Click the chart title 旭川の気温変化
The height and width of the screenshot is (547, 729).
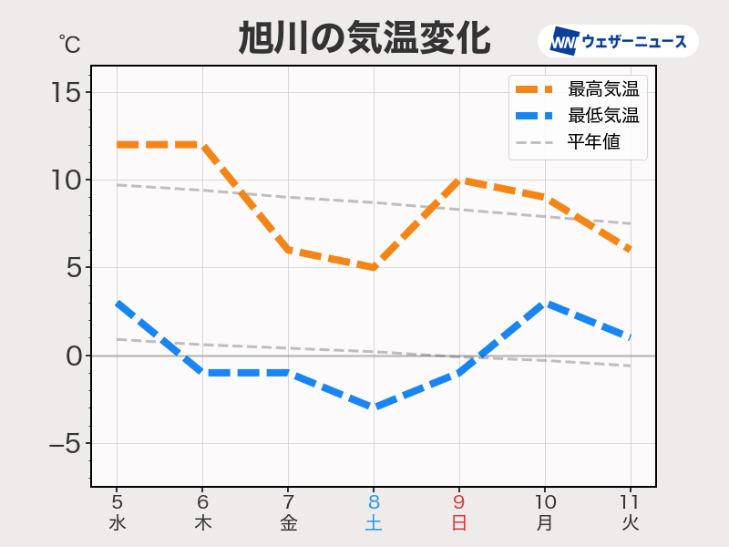click(x=364, y=40)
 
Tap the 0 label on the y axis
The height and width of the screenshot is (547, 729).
click(x=73, y=356)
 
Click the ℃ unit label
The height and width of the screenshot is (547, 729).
click(x=69, y=43)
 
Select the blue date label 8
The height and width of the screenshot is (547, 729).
click(x=374, y=502)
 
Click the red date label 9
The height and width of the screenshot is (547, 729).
click(x=459, y=502)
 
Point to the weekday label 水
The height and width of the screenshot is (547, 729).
click(x=117, y=523)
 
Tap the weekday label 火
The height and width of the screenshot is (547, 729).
click(x=631, y=523)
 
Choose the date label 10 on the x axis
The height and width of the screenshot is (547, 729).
click(x=545, y=502)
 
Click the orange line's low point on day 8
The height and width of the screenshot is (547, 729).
click(x=374, y=267)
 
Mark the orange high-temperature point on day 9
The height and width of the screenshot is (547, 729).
click(x=459, y=180)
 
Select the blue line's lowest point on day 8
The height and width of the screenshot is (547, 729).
click(x=374, y=408)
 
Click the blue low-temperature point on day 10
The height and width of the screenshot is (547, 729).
click(x=545, y=303)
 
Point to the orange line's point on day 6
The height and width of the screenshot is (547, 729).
click(x=202, y=145)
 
